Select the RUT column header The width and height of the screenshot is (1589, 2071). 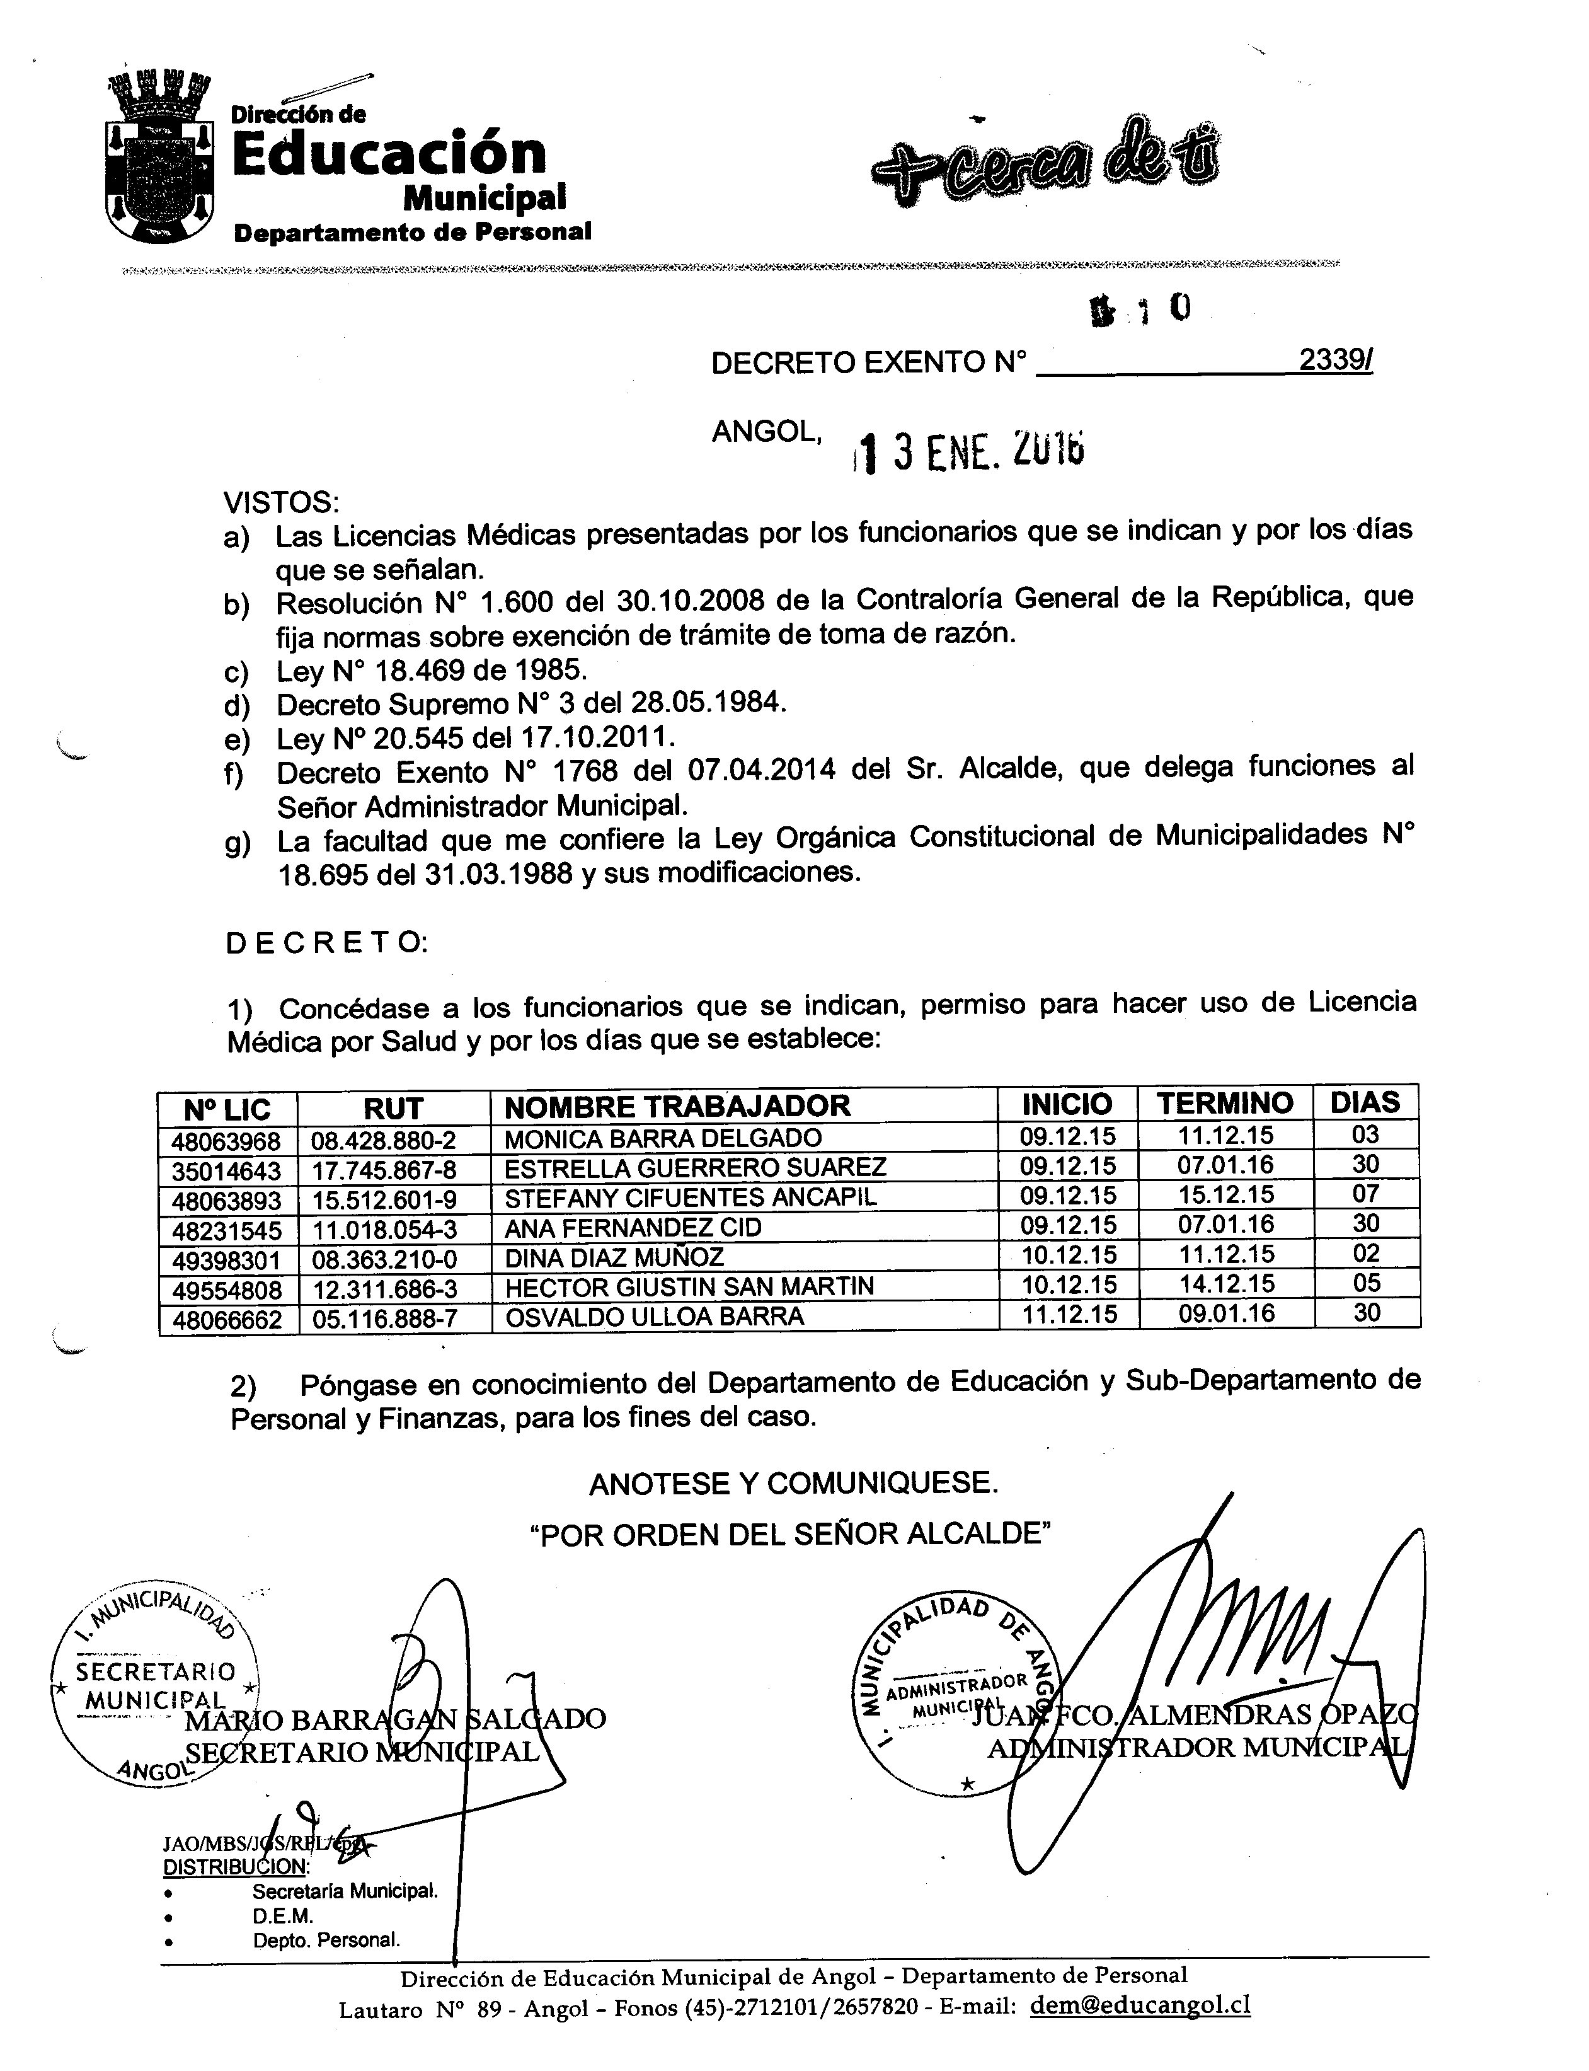pos(393,1108)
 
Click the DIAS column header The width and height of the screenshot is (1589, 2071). pos(1364,1102)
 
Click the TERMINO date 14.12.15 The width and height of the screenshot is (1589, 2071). pos(1226,1284)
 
